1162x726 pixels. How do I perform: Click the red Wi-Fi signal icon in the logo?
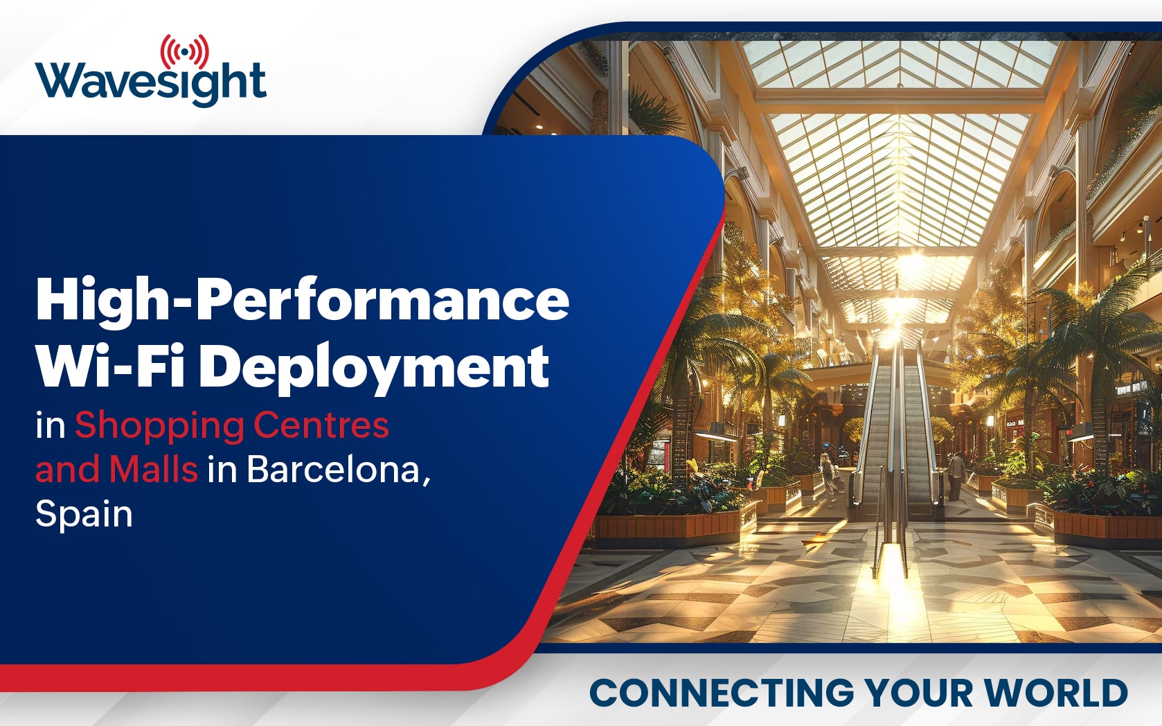(185, 52)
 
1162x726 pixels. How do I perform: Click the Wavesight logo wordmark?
(151, 84)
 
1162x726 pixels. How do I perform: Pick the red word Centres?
(321, 425)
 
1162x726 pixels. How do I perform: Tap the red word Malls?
(153, 469)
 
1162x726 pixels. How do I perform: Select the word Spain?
(84, 515)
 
